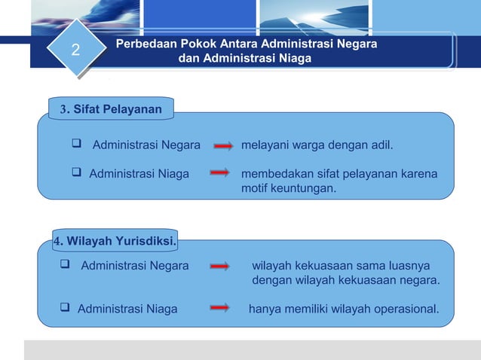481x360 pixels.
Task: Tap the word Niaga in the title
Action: [x=293, y=59]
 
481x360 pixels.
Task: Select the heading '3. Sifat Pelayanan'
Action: [x=112, y=110]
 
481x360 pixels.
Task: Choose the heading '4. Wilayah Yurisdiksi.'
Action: [x=115, y=241]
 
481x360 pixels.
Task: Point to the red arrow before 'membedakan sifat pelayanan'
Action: [x=220, y=174]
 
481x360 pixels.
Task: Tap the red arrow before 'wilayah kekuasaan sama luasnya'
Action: [x=220, y=266]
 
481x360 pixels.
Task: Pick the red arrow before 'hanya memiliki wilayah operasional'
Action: [x=220, y=309]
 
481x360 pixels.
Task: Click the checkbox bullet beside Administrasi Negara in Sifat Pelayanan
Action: [x=76, y=145]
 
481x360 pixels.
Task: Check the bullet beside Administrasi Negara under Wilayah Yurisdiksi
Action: [x=65, y=265]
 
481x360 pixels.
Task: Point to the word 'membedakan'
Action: [x=274, y=174]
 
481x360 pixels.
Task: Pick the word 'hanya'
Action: [x=265, y=309]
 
